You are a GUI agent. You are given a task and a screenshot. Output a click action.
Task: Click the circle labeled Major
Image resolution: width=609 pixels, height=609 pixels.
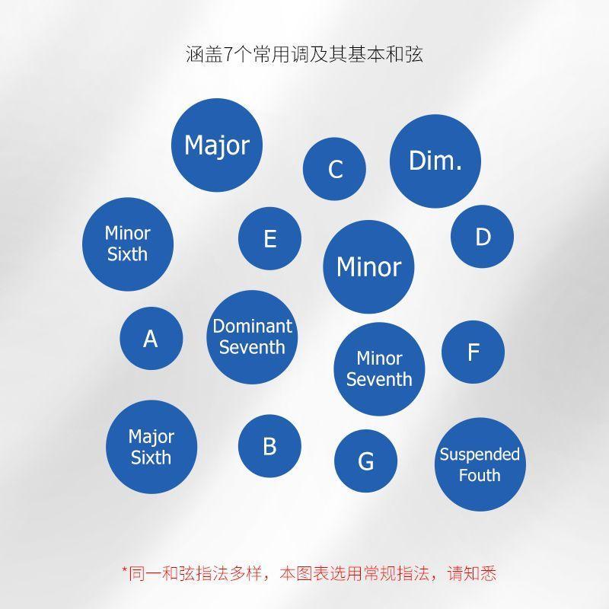[217, 145]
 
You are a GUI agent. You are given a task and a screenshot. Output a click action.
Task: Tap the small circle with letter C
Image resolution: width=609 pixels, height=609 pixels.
[334, 169]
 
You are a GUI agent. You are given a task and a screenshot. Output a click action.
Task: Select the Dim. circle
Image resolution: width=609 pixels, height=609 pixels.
[435, 161]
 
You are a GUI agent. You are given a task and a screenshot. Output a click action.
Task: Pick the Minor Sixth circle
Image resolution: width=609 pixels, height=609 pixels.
[128, 244]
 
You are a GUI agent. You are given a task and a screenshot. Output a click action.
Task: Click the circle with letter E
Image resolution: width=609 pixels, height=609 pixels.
[270, 238]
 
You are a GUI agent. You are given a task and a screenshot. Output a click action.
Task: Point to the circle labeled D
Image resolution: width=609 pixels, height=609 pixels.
[483, 237]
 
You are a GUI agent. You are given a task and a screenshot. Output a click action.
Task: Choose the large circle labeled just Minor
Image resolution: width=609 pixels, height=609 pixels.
[368, 267]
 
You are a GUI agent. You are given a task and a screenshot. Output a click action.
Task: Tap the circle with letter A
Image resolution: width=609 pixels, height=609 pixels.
[151, 338]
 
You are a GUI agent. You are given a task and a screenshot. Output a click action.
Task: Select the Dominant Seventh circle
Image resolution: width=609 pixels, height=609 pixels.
[252, 337]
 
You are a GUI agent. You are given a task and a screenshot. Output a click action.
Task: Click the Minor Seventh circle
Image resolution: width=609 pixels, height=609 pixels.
[379, 369]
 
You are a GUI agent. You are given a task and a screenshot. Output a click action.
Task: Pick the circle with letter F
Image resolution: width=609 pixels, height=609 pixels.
[473, 352]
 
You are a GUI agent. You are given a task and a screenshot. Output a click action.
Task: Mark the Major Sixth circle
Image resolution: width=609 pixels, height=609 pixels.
[151, 447]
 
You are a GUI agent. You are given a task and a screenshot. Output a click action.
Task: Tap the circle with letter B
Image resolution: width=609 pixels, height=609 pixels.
[269, 446]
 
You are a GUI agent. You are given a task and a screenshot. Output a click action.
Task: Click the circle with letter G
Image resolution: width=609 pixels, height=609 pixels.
[366, 461]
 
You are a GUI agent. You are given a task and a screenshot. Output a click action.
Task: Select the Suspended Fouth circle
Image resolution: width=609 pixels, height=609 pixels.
[480, 464]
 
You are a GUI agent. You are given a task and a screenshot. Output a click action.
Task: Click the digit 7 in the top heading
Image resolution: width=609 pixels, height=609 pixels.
[228, 54]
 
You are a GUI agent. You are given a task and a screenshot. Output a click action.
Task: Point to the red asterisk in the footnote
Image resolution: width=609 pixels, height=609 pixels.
[125, 569]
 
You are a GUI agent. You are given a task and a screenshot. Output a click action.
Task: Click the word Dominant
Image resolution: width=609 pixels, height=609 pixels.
[253, 327]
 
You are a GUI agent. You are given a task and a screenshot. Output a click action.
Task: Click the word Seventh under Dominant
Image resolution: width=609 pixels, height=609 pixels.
[252, 347]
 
